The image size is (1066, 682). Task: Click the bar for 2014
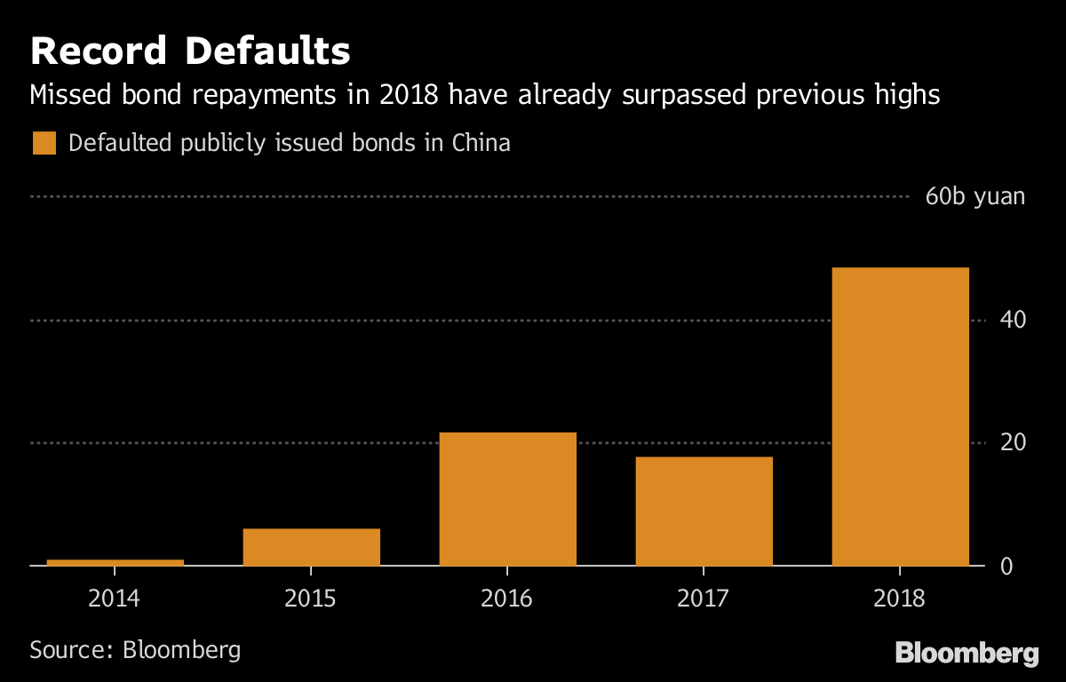point(115,562)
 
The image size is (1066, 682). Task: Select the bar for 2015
point(311,547)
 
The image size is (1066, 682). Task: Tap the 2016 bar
point(507,499)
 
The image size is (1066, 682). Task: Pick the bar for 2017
point(704,511)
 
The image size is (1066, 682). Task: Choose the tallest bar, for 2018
point(900,416)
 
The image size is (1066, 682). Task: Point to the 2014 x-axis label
point(115,598)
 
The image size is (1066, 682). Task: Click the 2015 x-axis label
point(311,598)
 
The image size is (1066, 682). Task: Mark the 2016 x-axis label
point(507,598)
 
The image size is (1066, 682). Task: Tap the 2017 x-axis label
point(704,598)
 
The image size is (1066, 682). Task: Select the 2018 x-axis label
point(900,598)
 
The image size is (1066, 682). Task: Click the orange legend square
point(44,143)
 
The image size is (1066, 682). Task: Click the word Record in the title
point(99,52)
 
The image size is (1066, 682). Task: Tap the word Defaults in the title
point(267,52)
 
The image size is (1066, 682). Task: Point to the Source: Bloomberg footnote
point(135,649)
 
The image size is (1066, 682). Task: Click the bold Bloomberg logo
point(967,654)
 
